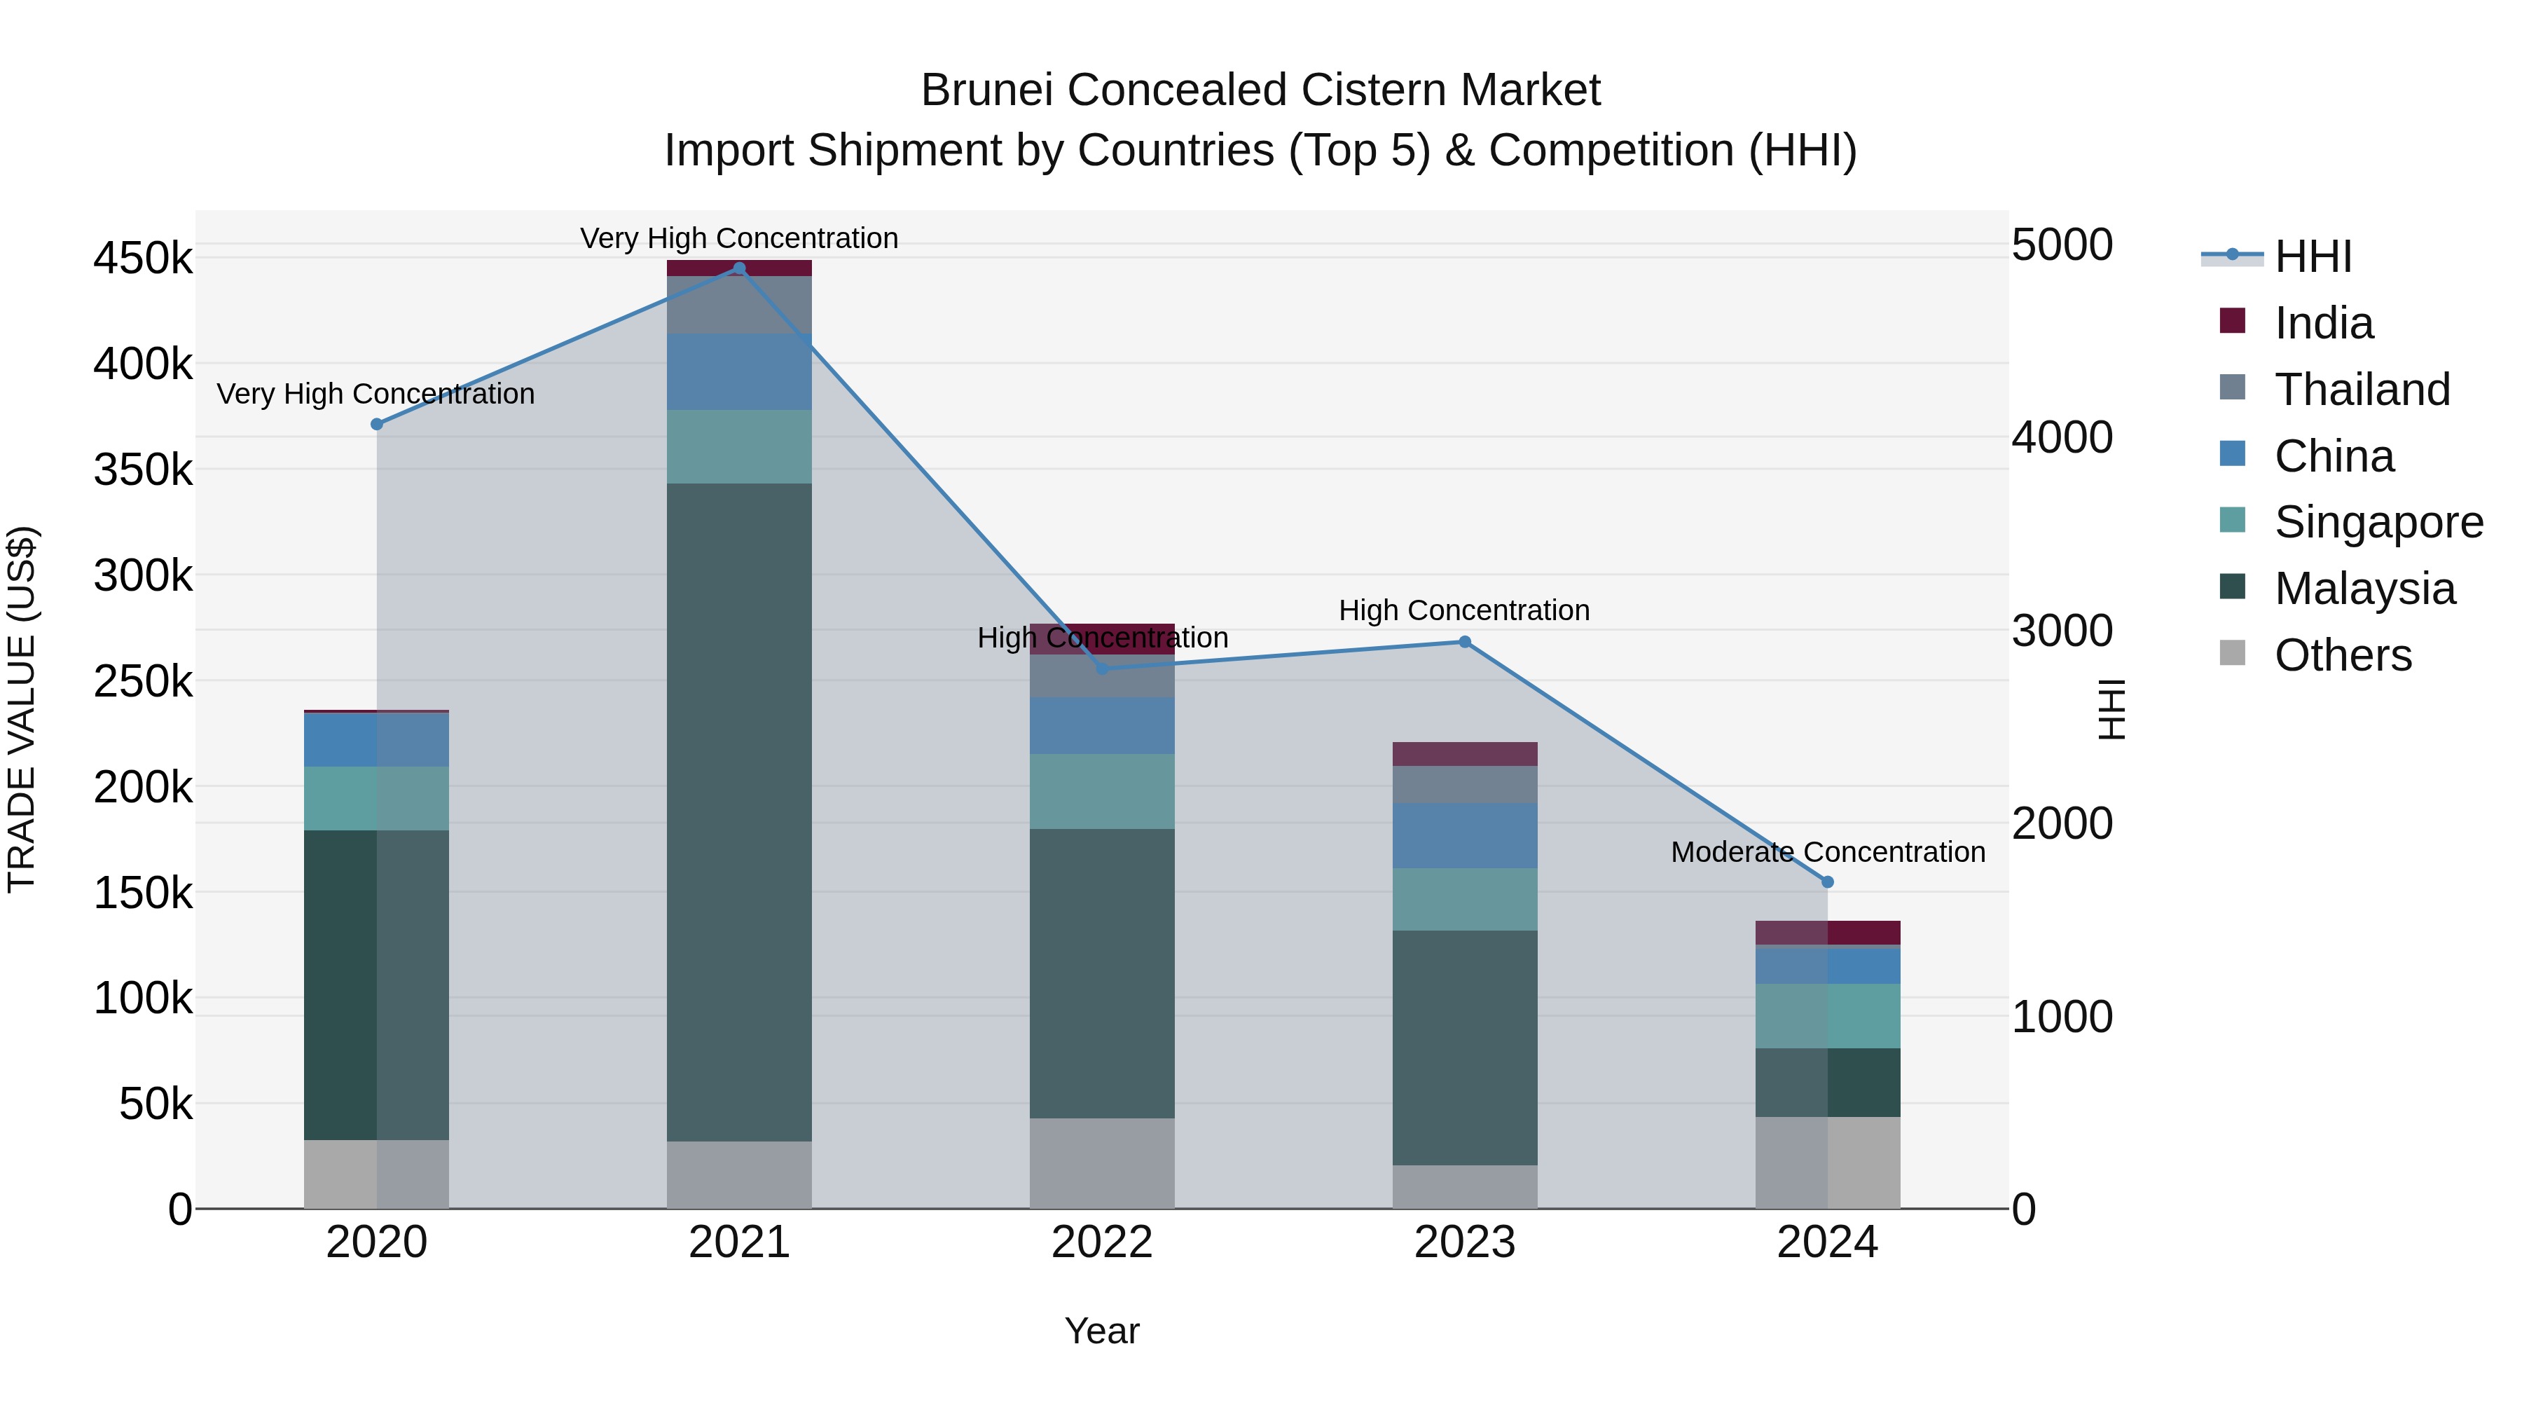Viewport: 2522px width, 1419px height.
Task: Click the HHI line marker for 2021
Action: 739,268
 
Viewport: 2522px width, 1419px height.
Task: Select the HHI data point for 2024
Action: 1827,882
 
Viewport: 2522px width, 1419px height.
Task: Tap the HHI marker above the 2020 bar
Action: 377,424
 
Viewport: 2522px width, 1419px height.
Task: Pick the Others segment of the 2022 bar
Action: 1101,1163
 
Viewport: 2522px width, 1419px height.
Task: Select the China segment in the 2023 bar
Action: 1465,835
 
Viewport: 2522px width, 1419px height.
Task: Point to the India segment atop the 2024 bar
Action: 1827,932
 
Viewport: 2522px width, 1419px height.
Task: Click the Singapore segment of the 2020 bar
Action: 377,798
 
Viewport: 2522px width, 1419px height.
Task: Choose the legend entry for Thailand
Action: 2362,390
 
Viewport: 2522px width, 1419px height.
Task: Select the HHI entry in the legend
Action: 2313,256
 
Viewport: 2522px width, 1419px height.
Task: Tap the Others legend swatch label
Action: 2343,655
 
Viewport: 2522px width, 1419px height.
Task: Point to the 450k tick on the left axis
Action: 143,259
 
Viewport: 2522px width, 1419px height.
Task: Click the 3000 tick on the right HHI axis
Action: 2062,631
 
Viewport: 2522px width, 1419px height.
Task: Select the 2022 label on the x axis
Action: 1101,1242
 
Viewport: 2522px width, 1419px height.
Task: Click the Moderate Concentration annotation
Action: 1827,852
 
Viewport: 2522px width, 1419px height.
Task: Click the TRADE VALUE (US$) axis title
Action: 22,709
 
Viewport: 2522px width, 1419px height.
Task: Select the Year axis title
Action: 1101,1331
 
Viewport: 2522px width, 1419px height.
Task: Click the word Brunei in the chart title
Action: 988,90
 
